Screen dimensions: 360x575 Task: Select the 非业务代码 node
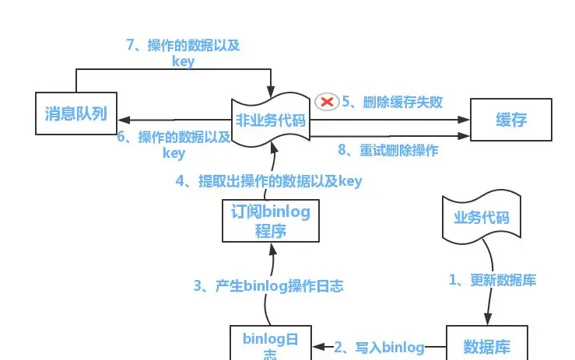coord(271,121)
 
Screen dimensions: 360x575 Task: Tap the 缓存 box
coord(511,120)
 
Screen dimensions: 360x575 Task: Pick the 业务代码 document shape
coord(481,217)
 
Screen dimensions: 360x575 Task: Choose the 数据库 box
coord(487,344)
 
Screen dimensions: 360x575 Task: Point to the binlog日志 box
coord(271,344)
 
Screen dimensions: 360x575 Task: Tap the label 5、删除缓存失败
coord(392,102)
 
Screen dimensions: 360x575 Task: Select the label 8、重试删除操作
coord(388,150)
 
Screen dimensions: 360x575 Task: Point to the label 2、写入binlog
coord(379,347)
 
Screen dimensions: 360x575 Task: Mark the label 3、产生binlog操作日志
coord(268,285)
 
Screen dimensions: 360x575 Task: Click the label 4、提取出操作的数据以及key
coord(269,181)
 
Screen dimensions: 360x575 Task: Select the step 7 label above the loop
coord(183,53)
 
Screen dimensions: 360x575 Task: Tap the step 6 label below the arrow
coord(174,145)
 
